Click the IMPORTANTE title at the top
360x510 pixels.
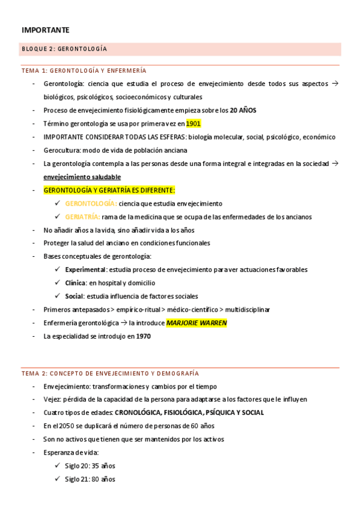pyautogui.click(x=46, y=29)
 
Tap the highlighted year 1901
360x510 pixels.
pyautogui.click(x=193, y=123)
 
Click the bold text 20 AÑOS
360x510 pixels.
pyautogui.click(x=243, y=110)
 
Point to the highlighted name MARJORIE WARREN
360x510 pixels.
pyautogui.click(x=197, y=323)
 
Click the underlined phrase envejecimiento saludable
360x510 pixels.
pyautogui.click(x=82, y=177)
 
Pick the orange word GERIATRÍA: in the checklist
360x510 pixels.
pyautogui.click(x=82, y=217)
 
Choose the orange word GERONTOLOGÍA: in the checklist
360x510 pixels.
pyautogui.click(x=91, y=203)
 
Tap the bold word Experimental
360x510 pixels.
pyautogui.click(x=85, y=269)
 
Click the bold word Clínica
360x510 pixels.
pyautogui.click(x=75, y=283)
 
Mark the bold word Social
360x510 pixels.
pyautogui.click(x=74, y=296)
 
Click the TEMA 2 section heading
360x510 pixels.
pyautogui.click(x=110, y=373)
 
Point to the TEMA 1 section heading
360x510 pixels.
pyautogui.click(x=84, y=70)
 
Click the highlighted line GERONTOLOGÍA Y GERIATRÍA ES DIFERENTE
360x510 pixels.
pyautogui.click(x=109, y=190)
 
